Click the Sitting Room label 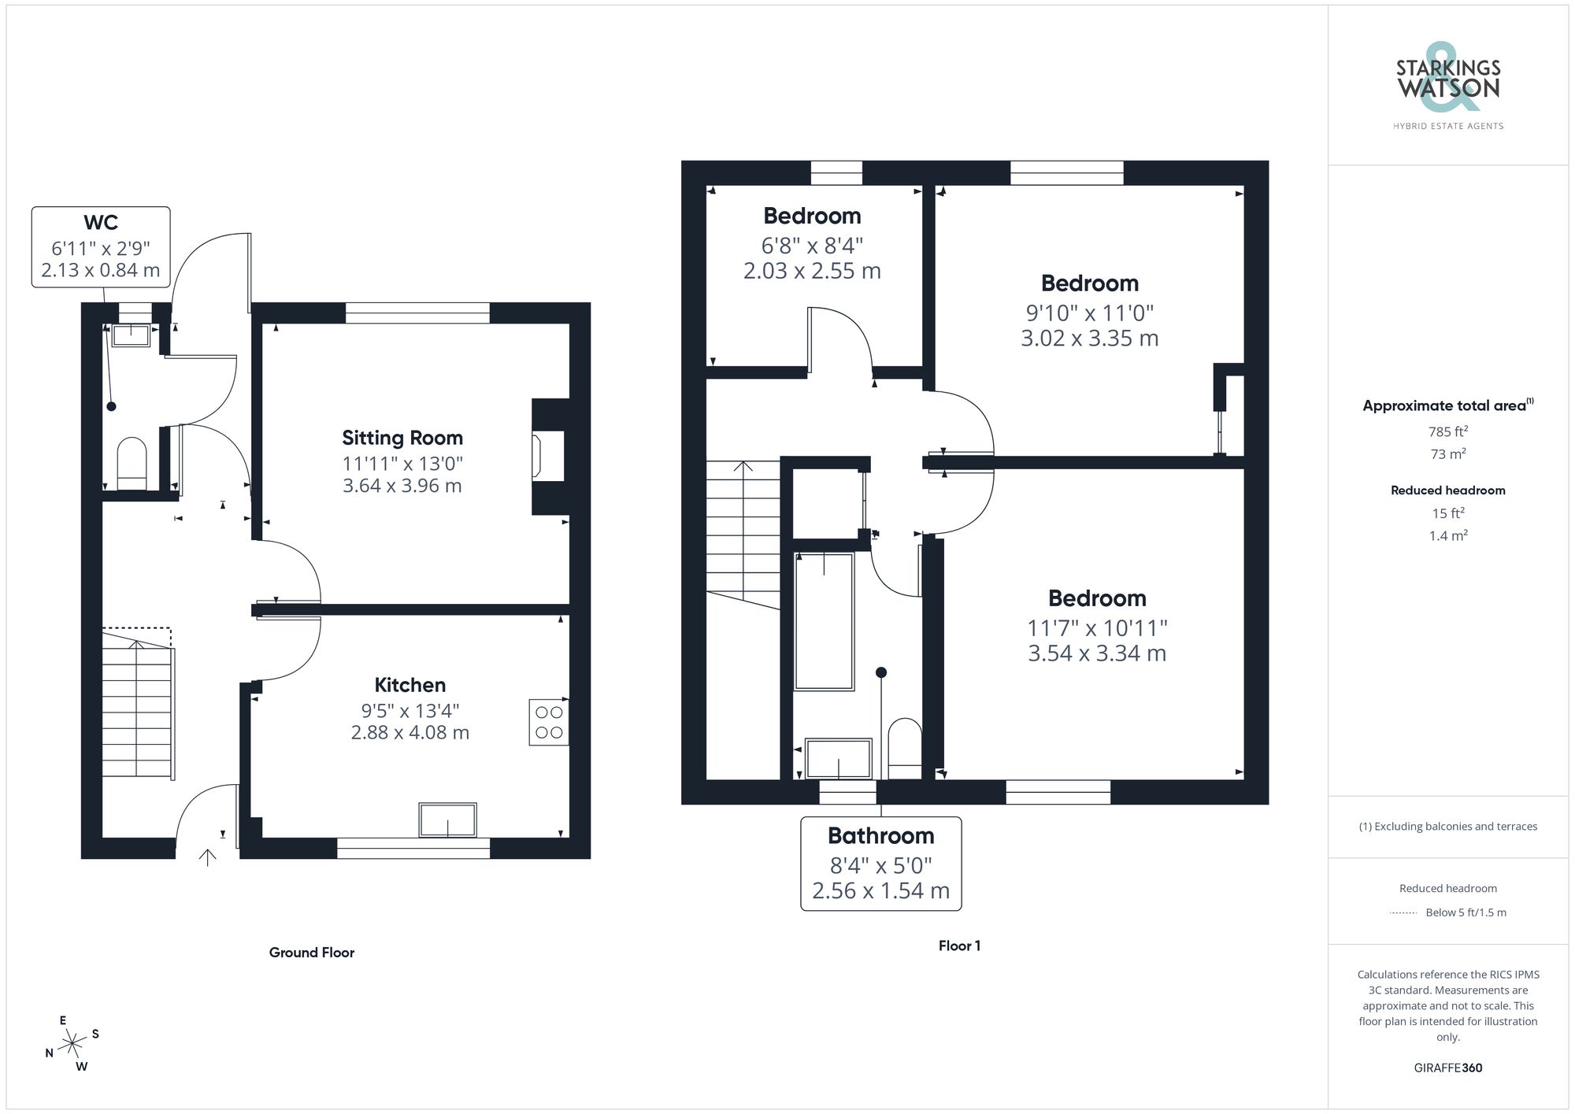coord(402,438)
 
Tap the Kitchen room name coord(409,685)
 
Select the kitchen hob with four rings coord(549,722)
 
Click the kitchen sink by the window coord(447,820)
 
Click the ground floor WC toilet coord(132,464)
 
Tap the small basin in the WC coord(131,335)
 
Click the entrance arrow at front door coord(208,857)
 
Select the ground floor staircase coord(137,709)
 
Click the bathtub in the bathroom coord(824,621)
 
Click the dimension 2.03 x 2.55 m coord(812,271)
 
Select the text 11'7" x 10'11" coord(1096,628)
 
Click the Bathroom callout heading coord(880,835)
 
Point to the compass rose coord(72,1044)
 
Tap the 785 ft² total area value coord(1447,431)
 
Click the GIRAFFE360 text coord(1447,1068)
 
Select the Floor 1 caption coord(959,946)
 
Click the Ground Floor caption coord(312,953)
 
